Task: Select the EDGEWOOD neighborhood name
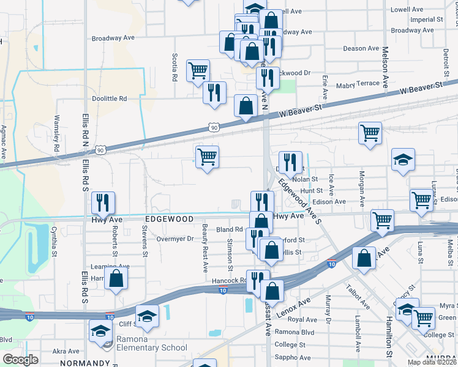coord(169,219)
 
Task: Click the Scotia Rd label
coord(175,67)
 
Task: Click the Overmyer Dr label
coord(175,239)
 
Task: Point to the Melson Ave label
coord(385,67)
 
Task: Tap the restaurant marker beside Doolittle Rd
coord(214,92)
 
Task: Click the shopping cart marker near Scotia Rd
coord(198,71)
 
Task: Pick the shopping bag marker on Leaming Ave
coord(116,278)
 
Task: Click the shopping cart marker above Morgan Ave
coord(370,133)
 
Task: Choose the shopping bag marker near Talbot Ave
coord(364,258)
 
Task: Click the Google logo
coord(20,360)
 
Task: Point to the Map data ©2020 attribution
coord(432,363)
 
